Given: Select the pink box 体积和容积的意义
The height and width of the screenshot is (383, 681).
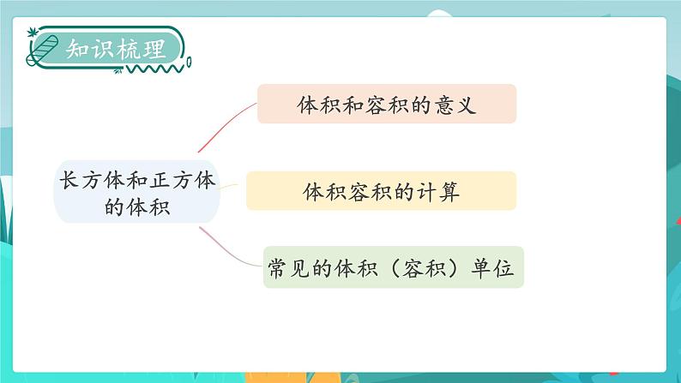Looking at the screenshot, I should click(386, 104).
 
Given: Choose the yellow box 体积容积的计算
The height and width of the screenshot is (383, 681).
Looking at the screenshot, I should click(382, 191).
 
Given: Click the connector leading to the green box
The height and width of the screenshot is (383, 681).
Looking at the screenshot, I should click(232, 243).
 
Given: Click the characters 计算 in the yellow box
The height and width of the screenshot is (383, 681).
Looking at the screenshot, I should click(441, 192).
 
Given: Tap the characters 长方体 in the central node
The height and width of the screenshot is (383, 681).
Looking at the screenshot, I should click(82, 179).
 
